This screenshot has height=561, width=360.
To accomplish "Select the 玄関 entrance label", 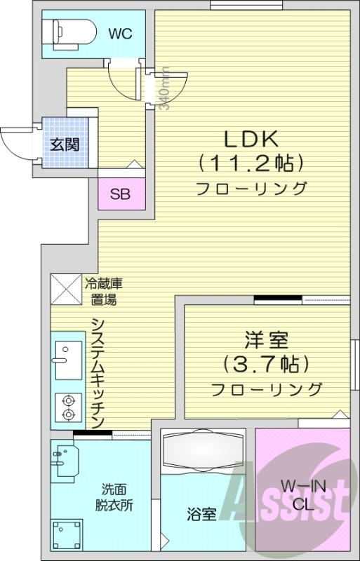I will coord(64,145).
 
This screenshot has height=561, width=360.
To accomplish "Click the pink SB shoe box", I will coord(120,194).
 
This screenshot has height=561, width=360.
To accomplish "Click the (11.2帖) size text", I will coord(251,163).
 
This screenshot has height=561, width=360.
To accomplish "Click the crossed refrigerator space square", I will coord(65,289).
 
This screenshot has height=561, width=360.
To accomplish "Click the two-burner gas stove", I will coord(68,407).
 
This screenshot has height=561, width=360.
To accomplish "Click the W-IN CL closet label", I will coord(301,495).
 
